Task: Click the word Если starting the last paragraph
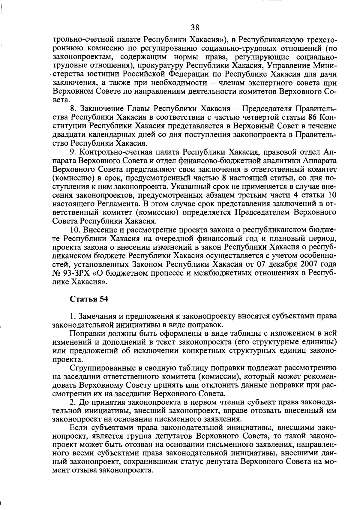point(78,427)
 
